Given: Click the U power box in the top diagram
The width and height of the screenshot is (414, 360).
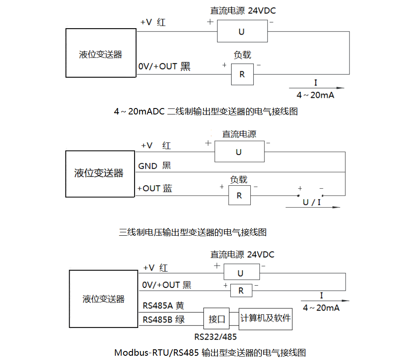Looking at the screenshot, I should coord(242,32).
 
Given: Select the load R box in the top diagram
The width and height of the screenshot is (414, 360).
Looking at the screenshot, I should coord(242,74).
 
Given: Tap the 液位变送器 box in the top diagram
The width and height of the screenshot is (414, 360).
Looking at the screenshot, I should coord(100,53).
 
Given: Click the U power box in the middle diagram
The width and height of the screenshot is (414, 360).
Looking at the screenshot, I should coord(239,152).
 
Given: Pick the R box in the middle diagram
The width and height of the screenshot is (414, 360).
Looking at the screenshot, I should coord(239,196).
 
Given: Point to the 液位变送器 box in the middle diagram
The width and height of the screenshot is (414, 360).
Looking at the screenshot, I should coord(99,173).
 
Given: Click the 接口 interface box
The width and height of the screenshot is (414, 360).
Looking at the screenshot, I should coord(217,319).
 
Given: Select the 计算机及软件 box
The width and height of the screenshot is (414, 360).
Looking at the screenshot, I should coord(265,319).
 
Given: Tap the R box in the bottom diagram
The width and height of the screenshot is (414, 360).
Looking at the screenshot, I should coord(241,291).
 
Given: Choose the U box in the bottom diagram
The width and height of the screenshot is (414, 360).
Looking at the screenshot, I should coord(241,273).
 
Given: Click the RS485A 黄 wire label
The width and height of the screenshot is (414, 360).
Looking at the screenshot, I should coord(163,306).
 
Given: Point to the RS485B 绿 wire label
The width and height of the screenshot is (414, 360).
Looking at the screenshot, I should coord(163,319).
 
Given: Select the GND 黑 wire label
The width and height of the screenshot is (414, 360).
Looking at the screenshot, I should coord(154,166).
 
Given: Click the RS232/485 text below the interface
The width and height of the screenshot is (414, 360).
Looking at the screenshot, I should coord(215,337).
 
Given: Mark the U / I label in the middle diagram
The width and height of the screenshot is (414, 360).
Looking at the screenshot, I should coord(311,202).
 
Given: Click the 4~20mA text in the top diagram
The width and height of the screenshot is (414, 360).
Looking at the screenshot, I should coord(316,95).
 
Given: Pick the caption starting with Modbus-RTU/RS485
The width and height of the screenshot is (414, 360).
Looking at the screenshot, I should coord(210,353).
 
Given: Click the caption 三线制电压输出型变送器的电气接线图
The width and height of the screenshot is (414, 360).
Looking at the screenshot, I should coord(193,232).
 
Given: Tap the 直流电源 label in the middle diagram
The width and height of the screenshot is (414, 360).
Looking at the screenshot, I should coord(239,134).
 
